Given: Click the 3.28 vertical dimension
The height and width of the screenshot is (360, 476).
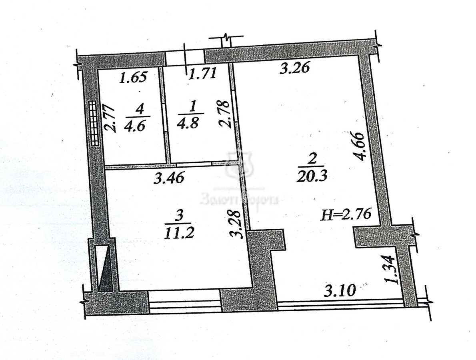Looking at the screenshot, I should (x=237, y=224).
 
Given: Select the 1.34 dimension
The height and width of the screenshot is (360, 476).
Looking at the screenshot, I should (x=392, y=270).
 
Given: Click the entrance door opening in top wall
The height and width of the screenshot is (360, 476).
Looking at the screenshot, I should (x=185, y=56).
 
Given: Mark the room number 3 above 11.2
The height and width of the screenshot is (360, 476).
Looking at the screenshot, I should (x=179, y=216).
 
